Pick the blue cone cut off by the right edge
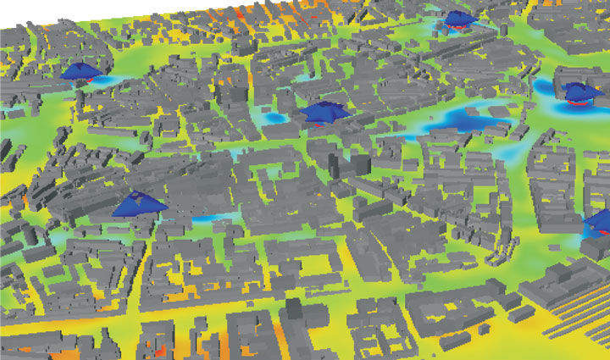601,222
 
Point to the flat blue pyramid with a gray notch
137,203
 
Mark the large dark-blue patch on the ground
462,118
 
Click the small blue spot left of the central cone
273,119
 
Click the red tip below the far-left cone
86,80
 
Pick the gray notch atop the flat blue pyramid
136,197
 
